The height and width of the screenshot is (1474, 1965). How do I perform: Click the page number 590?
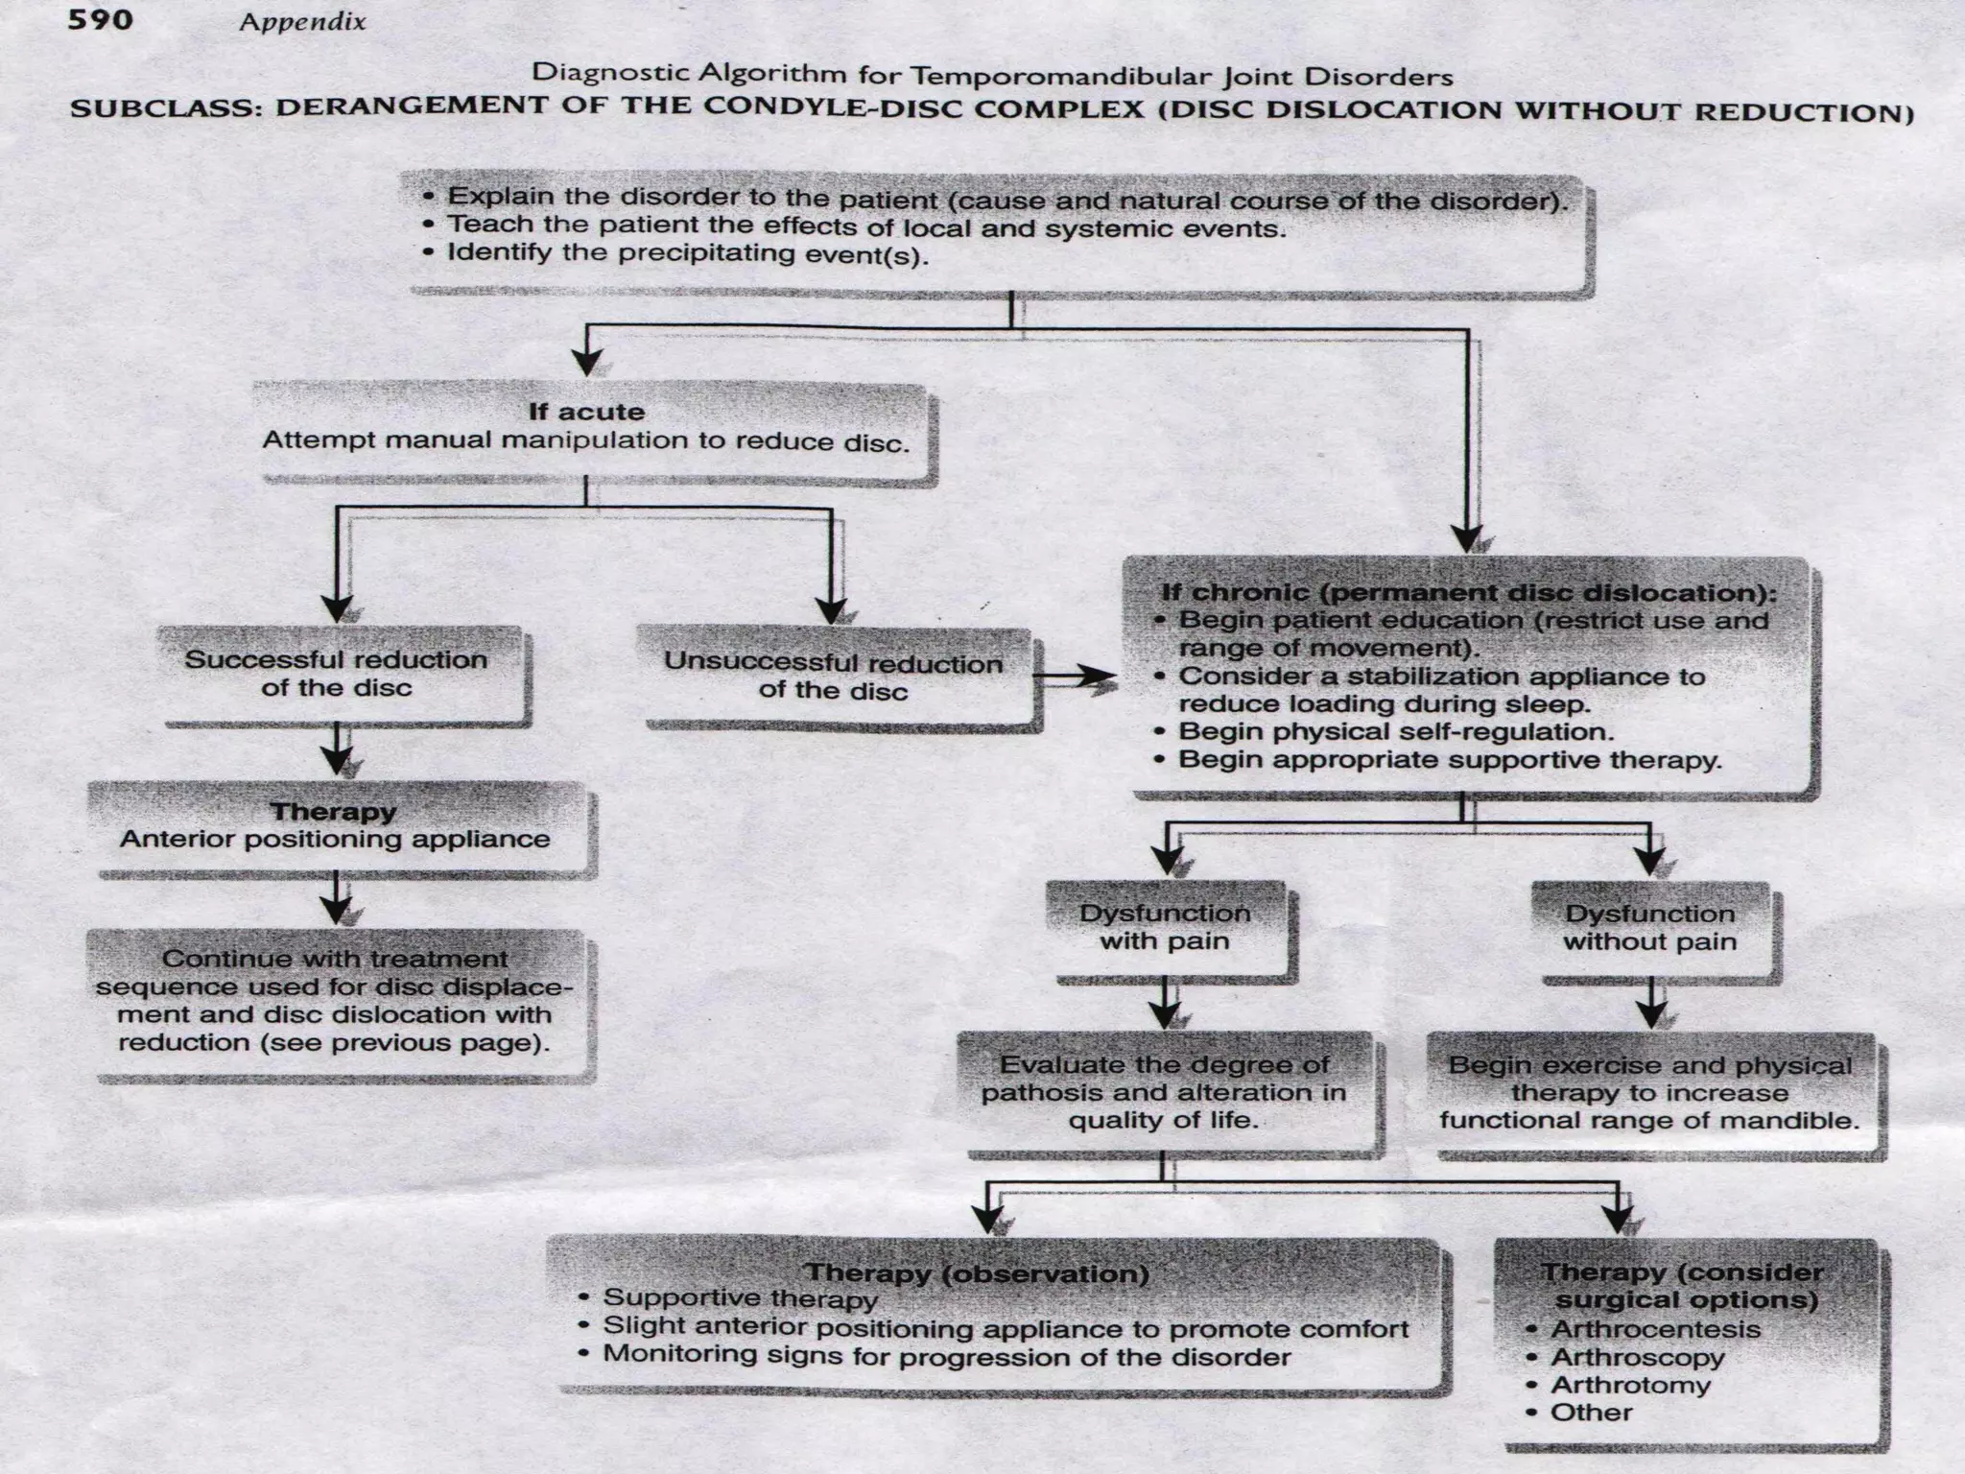click(100, 19)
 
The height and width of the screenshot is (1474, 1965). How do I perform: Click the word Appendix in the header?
click(302, 22)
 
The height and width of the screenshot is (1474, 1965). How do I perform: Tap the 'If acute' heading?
click(586, 412)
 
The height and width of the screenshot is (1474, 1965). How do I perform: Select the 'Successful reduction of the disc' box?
click(337, 674)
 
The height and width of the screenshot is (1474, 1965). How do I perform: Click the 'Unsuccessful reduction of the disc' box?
click(833, 677)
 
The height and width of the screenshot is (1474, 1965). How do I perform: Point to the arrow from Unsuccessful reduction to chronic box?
click(1075, 678)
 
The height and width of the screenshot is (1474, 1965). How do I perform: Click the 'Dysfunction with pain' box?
click(1165, 927)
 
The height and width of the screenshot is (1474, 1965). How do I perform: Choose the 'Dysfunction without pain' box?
click(1650, 928)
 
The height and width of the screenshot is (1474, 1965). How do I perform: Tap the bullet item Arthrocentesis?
click(1655, 1329)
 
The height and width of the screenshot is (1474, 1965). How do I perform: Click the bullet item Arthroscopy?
click(1637, 1357)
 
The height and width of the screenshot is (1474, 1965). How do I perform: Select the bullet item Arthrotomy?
click(1630, 1385)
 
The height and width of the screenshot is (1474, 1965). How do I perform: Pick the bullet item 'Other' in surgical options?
click(1591, 1413)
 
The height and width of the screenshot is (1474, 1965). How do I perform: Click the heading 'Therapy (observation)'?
click(976, 1273)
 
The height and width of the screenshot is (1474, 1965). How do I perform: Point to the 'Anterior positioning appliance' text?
click(335, 840)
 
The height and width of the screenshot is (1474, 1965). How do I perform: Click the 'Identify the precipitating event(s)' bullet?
click(687, 254)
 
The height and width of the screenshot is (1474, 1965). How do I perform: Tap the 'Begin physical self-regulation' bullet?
click(1395, 731)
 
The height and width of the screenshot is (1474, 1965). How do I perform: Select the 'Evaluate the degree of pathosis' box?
click(1164, 1092)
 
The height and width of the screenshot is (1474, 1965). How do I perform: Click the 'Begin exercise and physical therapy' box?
click(1649, 1093)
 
